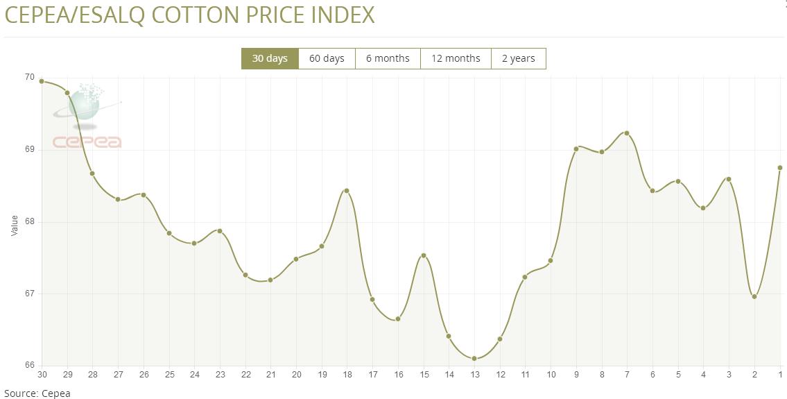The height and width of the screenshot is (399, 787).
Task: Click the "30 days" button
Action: coord(270,58)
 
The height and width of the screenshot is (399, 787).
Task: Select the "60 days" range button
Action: coord(327,58)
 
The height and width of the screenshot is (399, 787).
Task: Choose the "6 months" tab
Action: coord(388,58)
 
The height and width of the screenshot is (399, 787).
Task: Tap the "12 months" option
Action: coord(456,58)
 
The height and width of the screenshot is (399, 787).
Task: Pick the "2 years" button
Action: coord(518,58)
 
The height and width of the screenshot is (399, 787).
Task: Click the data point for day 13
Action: coord(474,359)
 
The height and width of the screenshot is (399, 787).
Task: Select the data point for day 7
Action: coord(627,133)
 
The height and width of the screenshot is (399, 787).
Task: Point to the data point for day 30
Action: coord(42,81)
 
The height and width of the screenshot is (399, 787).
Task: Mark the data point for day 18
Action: coord(347,191)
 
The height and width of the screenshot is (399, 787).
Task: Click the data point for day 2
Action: coord(754,297)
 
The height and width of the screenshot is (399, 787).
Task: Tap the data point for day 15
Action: coord(424,255)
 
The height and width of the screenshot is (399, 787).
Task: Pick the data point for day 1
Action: coord(780,167)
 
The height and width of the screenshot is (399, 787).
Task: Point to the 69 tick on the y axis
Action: coord(29,149)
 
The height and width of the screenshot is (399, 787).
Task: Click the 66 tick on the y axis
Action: coord(29,365)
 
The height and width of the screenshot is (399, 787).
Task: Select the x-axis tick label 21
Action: coord(270,375)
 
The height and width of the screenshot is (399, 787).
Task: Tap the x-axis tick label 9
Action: coord(576,375)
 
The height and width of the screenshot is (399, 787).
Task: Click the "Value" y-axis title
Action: coord(15,225)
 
